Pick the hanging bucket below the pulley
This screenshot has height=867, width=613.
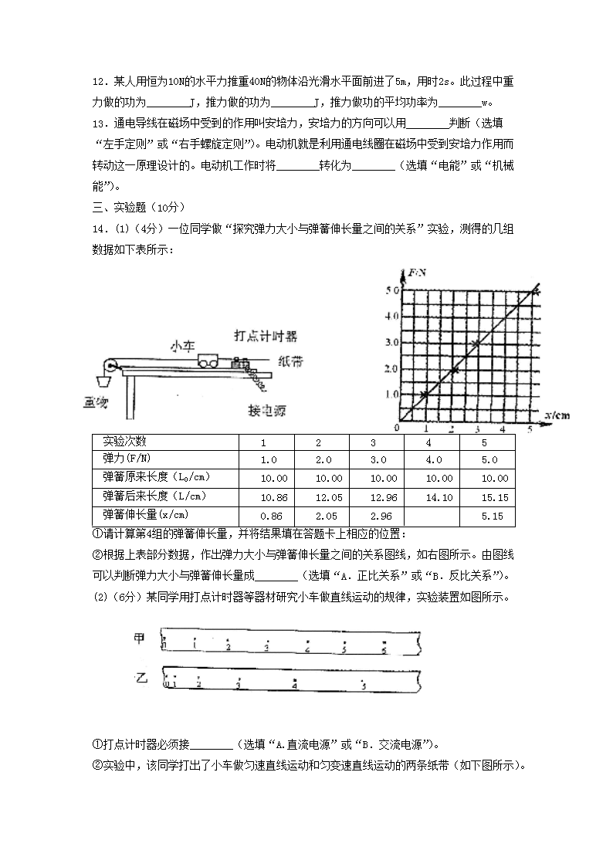[x=103, y=381]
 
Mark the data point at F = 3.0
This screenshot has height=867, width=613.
[x=477, y=343]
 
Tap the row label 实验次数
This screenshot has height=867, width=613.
[x=124, y=442]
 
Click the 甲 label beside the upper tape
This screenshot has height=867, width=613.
[x=140, y=638]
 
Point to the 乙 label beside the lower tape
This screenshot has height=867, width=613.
[x=141, y=678]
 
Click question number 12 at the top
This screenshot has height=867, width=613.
[x=98, y=83]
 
